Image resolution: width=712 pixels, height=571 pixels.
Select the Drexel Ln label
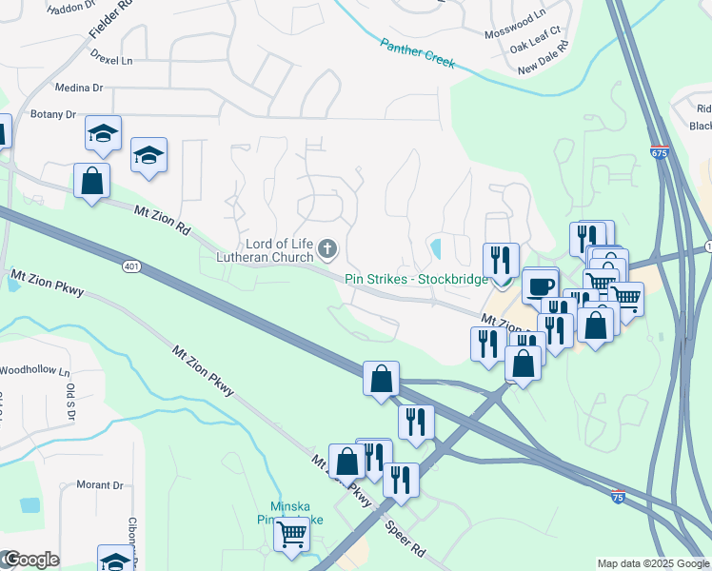click(x=111, y=59)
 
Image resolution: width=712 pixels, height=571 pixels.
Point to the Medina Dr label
click(x=78, y=88)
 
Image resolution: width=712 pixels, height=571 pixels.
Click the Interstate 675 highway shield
click(x=661, y=151)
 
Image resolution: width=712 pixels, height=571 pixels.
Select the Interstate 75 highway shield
click(x=619, y=495)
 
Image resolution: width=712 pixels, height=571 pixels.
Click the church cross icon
click(x=327, y=249)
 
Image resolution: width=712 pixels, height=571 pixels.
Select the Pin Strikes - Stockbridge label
click(x=416, y=279)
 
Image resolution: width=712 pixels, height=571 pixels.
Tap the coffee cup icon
click(x=540, y=285)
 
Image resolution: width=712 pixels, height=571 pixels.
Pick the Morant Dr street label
click(x=100, y=484)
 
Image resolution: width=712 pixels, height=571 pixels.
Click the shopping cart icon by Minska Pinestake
click(x=291, y=533)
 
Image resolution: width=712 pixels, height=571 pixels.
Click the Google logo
click(x=30, y=560)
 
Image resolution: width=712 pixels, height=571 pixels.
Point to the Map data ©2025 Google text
click(x=653, y=563)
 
